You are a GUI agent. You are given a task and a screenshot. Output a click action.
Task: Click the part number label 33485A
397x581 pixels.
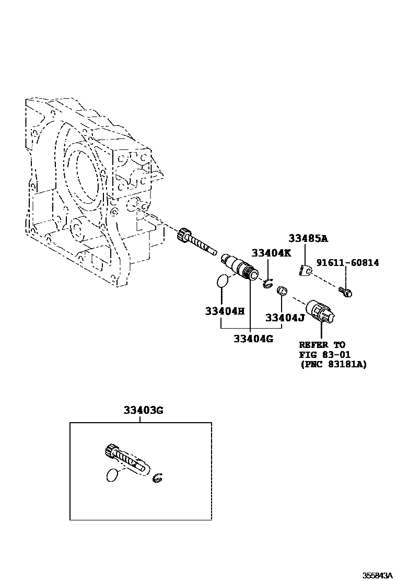click(x=308, y=239)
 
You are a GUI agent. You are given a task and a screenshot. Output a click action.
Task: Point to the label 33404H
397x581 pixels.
click(x=225, y=311)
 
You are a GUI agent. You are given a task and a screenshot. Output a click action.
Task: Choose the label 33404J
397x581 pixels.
click(x=285, y=317)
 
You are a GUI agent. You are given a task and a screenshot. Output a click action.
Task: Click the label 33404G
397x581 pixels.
click(x=253, y=338)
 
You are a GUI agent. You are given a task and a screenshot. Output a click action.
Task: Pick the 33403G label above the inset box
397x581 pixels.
click(x=143, y=410)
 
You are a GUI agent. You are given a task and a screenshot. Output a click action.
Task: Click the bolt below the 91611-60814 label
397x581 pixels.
click(x=345, y=292)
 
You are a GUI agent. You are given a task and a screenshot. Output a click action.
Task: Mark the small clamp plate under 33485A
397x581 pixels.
click(x=306, y=270)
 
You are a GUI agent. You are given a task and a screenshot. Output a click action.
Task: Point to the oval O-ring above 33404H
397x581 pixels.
click(x=222, y=281)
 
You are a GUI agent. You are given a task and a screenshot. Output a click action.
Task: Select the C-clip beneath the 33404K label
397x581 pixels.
click(x=267, y=284)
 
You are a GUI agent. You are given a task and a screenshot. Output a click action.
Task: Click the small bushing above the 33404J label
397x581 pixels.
click(x=282, y=290)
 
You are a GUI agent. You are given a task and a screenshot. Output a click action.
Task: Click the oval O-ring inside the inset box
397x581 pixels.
click(x=112, y=476)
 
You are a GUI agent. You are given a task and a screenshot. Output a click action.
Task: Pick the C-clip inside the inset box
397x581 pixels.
click(x=157, y=478)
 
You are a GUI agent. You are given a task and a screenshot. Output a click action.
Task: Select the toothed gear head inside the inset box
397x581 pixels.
click(x=111, y=450)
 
